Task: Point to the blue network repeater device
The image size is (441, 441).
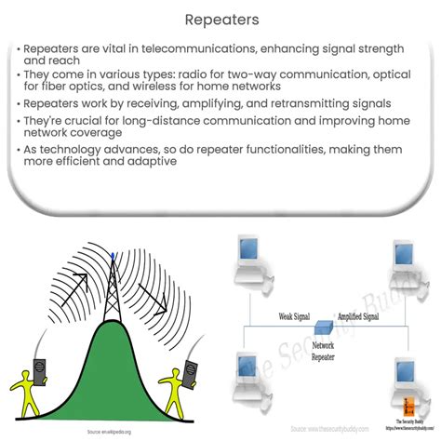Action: point(322,327)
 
